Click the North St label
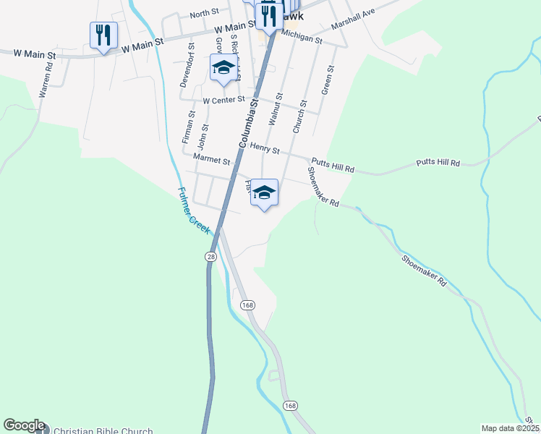(204, 14)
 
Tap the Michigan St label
(302, 37)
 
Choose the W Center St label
(224, 100)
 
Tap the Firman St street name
(188, 126)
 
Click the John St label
(205, 137)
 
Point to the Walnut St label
(275, 107)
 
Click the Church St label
(299, 116)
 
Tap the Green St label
(327, 80)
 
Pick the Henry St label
(265, 148)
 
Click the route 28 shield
(210, 257)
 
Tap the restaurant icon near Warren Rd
(103, 35)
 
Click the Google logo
(24, 425)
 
